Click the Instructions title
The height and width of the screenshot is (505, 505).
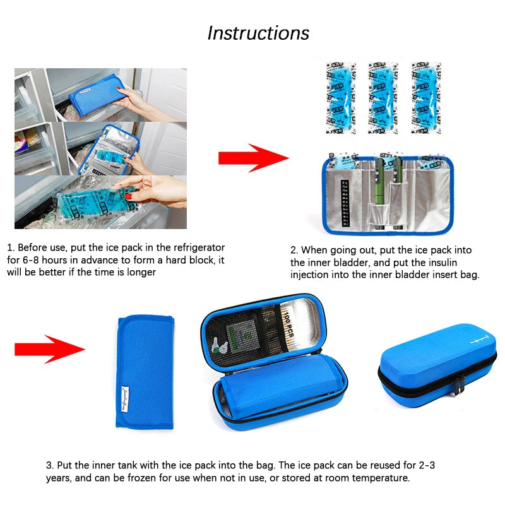(x=258, y=33)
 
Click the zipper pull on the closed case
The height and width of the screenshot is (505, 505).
(x=459, y=383)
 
